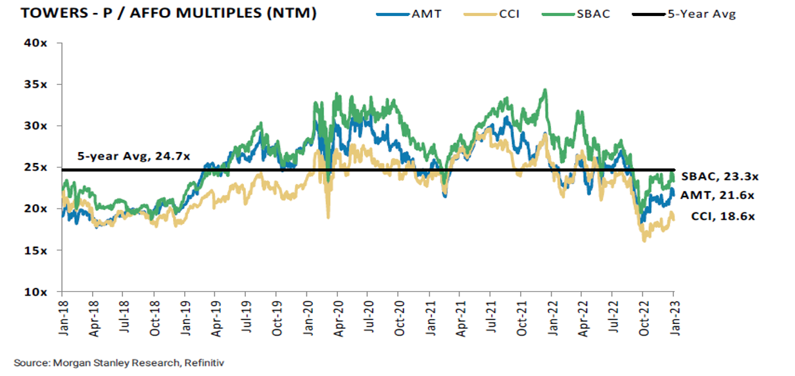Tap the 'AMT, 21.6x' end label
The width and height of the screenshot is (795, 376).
718,195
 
